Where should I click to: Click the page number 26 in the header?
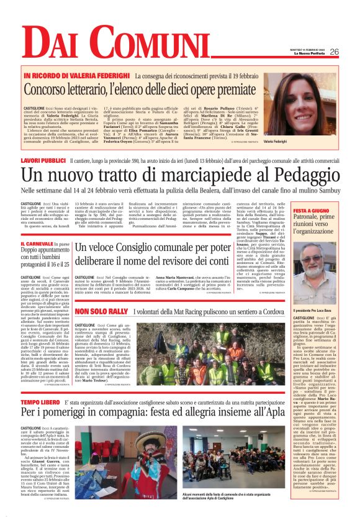335,52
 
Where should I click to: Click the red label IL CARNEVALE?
37,245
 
